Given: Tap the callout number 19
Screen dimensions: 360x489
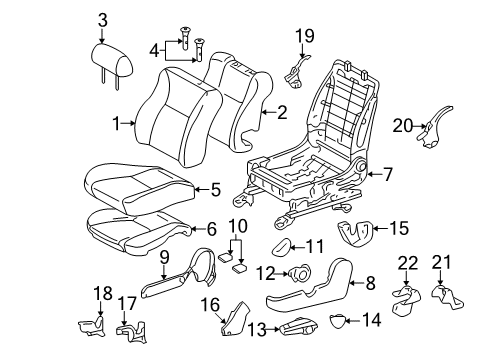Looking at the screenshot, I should tap(304, 37).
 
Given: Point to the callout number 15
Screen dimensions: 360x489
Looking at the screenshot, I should tap(398, 229).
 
